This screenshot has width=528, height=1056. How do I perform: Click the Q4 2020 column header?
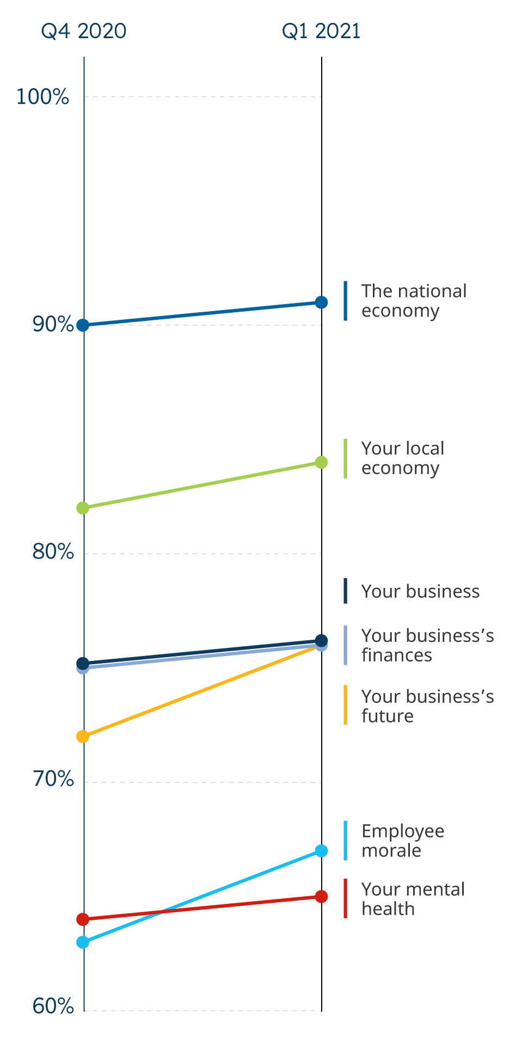84,32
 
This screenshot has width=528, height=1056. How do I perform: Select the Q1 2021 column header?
321,32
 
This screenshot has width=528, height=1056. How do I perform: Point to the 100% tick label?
42,97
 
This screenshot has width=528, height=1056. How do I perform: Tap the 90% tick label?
53,325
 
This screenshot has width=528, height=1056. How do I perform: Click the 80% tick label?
53,552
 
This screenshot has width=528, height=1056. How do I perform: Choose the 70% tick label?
53,780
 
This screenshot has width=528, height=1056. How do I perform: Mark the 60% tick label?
53,1006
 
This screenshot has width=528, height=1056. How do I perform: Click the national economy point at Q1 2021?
322,302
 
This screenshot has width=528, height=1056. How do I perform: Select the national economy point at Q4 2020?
83,325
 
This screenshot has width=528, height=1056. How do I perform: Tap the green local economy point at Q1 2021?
322,463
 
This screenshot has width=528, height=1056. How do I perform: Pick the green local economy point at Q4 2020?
83,508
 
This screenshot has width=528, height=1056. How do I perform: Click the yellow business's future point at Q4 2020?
83,737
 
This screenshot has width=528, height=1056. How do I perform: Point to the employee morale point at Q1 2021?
322,851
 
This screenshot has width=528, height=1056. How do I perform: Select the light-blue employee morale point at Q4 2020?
83,942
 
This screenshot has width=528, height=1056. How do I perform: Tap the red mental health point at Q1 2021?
322,896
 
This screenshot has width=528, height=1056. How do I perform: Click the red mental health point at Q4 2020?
83,920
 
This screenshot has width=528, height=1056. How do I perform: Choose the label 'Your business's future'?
427,706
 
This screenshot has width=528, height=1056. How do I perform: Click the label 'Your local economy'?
403,458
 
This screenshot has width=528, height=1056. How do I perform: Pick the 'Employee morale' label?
403,841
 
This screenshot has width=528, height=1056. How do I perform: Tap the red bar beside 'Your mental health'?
345,899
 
